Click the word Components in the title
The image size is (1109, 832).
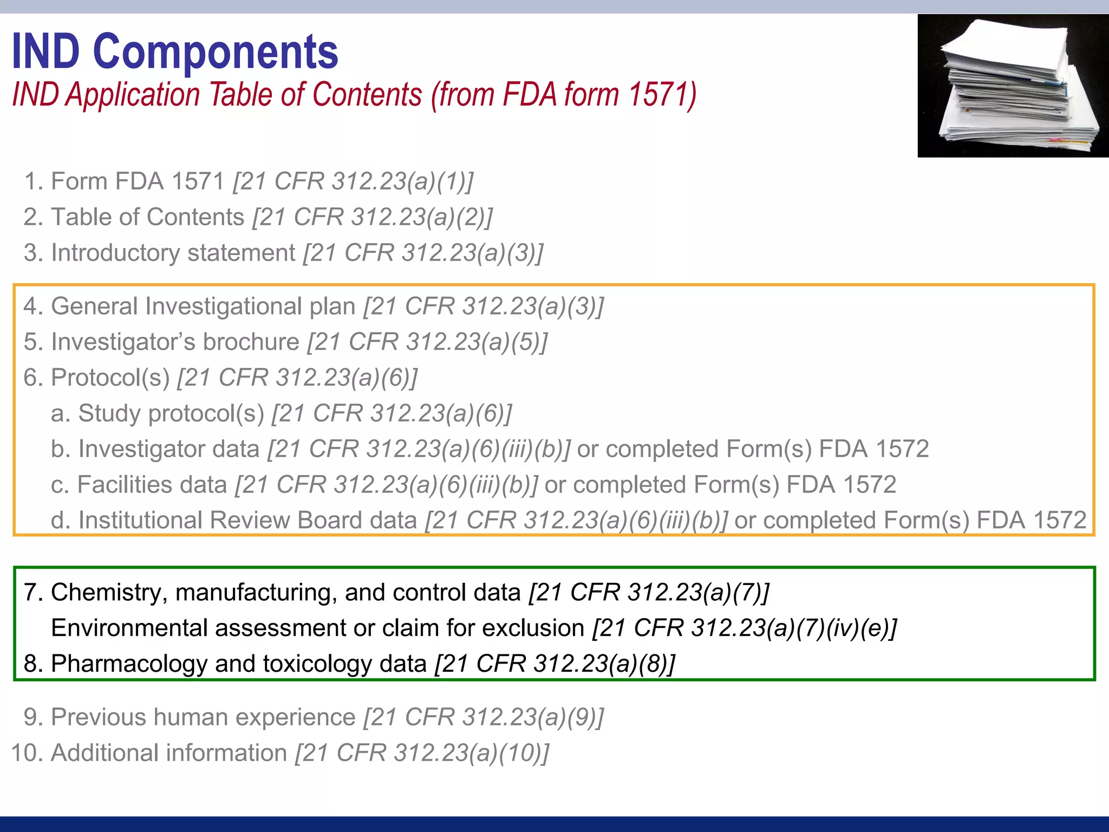(x=216, y=52)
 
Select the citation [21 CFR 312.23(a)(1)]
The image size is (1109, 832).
(x=354, y=181)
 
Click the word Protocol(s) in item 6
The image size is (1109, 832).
(x=110, y=378)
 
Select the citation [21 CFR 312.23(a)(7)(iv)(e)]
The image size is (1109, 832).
(x=745, y=628)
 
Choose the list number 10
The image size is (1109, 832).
(x=24, y=753)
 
